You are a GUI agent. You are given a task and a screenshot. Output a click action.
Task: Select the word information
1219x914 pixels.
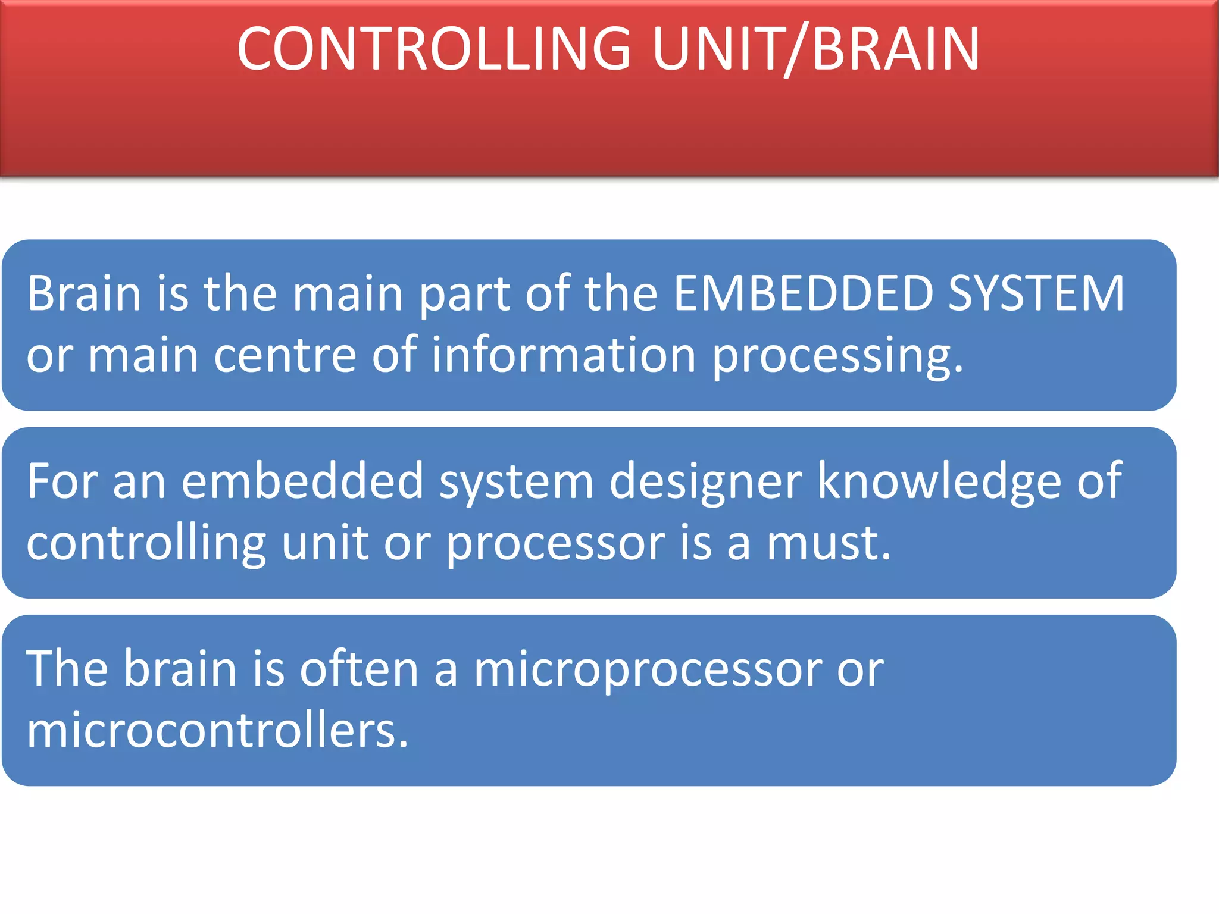coord(563,355)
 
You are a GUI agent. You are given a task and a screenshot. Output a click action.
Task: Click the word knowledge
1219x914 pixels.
coord(939,482)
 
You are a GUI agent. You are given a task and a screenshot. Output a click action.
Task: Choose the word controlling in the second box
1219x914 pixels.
coord(146,544)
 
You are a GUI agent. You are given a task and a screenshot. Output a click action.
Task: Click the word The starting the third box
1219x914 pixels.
coord(66,669)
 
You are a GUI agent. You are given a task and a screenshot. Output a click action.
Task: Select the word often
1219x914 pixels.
coord(359,669)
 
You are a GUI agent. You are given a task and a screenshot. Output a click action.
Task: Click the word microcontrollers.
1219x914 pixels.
coord(217,731)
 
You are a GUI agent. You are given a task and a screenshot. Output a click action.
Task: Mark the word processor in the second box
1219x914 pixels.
coord(555,545)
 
